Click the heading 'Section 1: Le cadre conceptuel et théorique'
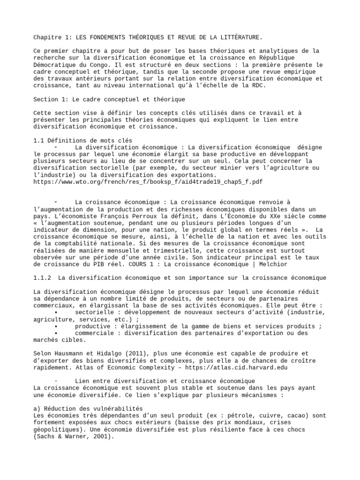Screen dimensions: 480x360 [109, 99]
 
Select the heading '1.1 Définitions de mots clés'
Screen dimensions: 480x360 [83, 141]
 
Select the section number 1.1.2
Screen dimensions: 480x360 [43, 278]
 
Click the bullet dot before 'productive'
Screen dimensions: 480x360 [56, 326]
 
